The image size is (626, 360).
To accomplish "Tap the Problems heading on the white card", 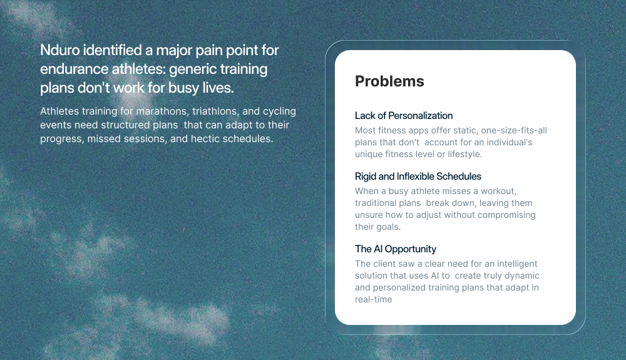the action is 389,81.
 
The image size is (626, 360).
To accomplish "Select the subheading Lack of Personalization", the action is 404,116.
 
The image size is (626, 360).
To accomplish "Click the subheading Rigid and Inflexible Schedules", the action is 418,177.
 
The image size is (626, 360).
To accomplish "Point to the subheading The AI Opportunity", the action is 396,249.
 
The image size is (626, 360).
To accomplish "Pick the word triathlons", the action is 215,111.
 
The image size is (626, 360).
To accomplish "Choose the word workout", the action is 498,191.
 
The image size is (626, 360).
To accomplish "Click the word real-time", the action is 373,300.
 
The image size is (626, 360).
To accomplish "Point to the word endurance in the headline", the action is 74,69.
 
